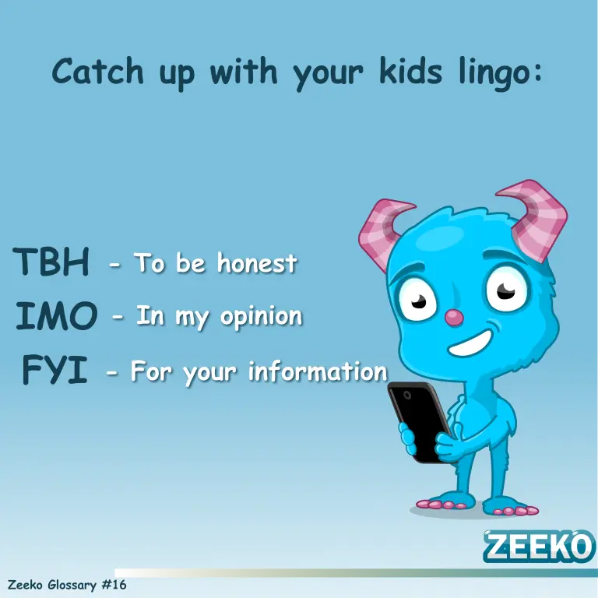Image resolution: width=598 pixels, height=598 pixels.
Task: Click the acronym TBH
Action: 51,262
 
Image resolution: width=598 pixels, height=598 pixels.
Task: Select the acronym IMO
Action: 56,315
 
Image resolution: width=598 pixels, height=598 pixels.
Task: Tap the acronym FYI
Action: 55,369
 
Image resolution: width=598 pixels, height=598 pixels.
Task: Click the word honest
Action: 257,262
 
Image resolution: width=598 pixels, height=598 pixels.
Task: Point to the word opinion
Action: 262,318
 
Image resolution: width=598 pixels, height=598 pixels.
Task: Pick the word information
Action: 318,371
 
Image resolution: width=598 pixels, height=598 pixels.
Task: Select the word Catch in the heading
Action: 97,71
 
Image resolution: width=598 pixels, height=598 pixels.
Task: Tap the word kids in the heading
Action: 411,71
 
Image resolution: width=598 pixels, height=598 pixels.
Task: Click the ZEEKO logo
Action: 539,546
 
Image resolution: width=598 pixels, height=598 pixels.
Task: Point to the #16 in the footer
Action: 114,585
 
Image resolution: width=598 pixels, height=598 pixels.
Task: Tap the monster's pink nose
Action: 454,318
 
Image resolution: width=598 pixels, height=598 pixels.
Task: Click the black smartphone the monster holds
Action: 420,421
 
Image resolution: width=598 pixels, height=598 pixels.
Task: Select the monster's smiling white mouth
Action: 470,343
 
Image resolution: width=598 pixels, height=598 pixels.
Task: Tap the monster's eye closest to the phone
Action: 418,299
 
